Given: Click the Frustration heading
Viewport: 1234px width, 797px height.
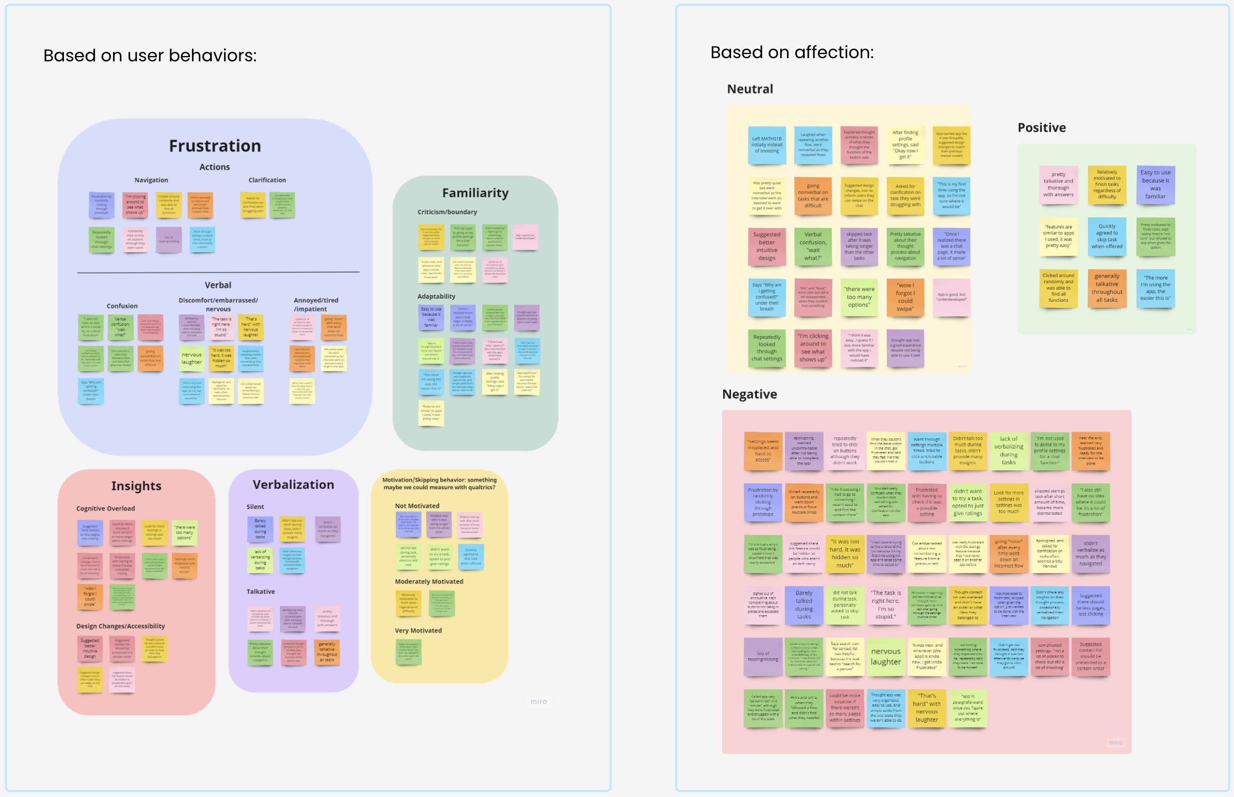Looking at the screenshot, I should tap(215, 146).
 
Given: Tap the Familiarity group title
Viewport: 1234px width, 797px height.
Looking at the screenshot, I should tap(475, 193).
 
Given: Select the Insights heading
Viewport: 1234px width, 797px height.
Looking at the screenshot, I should tap(136, 486).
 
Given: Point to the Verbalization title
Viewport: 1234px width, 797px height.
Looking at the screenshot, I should tap(293, 484).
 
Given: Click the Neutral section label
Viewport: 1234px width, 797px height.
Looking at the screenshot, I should tap(750, 89).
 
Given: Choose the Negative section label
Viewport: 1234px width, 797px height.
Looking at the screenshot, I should tap(749, 394).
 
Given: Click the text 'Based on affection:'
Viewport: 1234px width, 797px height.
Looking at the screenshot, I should tap(792, 52).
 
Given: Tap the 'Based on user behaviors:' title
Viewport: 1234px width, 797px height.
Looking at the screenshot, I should tap(150, 55).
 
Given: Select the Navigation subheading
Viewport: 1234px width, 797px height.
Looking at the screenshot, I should tap(151, 180).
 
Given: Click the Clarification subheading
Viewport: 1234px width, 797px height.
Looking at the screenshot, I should tap(267, 180).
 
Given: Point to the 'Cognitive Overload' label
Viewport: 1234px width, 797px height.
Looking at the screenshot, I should tap(106, 508).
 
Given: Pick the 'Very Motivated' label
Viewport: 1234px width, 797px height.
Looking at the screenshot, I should tap(418, 631).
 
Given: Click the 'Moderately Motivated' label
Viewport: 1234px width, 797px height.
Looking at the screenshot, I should tap(429, 581).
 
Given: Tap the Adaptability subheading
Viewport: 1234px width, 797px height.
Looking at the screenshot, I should tap(436, 296).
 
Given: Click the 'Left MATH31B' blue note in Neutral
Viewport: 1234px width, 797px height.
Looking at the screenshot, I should tap(766, 145).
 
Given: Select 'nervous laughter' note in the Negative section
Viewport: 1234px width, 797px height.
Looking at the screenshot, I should tap(885, 657).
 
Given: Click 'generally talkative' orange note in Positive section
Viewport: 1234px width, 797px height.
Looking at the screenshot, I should tap(1107, 288).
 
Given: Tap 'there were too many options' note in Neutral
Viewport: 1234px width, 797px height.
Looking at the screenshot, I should tap(859, 297).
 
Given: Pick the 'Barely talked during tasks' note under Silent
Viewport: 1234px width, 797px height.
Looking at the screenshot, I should tap(260, 529).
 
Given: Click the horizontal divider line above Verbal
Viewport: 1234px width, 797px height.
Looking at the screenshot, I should tap(218, 273).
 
